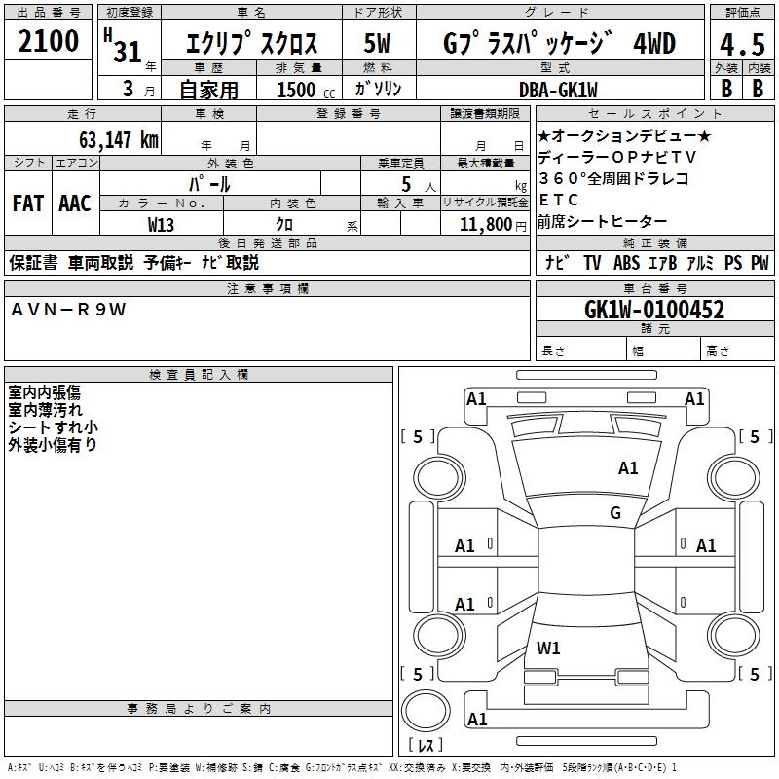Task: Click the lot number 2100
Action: point(48,41)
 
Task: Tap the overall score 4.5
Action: point(742,44)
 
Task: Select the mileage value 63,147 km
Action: point(119,140)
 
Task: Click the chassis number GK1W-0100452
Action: point(654,310)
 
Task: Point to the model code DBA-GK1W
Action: point(558,90)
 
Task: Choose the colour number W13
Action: point(161,225)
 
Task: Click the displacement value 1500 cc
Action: point(306,90)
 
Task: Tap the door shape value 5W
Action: point(377,43)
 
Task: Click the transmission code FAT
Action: point(28,204)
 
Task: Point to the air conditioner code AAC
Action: point(75,204)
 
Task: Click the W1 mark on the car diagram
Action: point(548,648)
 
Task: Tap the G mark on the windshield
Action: point(615,512)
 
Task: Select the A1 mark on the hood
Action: point(628,467)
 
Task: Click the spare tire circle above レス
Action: point(426,711)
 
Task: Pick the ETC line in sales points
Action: point(558,200)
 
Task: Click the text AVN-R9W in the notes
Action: point(68,310)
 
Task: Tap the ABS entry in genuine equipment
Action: point(626,263)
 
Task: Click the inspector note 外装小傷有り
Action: point(53,445)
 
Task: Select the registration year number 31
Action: point(128,52)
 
